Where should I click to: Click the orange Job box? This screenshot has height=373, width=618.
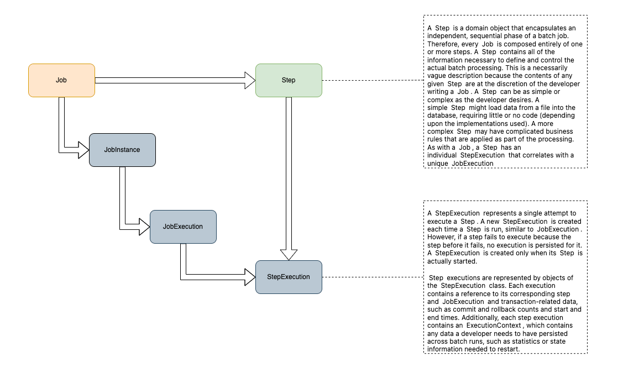61,80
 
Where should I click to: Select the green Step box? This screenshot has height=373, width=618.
289,80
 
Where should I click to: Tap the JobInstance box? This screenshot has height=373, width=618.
122,149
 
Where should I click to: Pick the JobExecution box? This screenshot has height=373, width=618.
183,227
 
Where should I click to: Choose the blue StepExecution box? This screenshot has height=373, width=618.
289,277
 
